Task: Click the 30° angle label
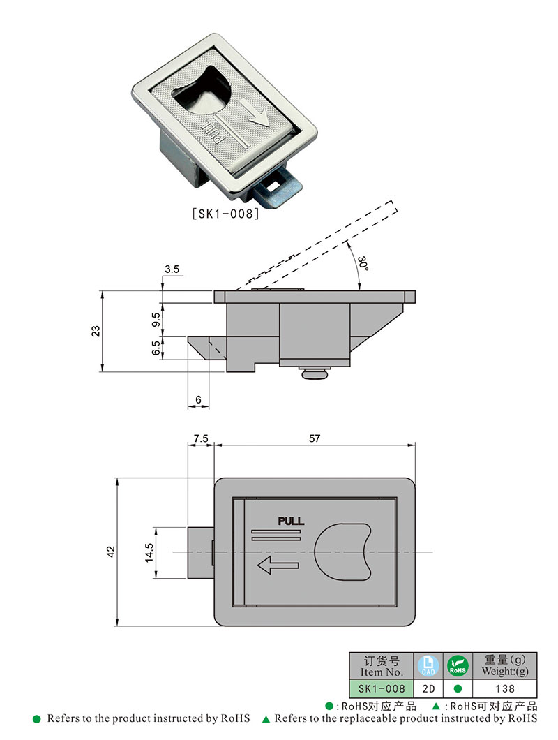coord(362,265)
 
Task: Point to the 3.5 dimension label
coord(172,269)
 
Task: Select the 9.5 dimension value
coord(156,319)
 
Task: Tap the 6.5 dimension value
coord(156,348)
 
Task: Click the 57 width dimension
coord(314,438)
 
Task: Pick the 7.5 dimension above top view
coord(200,438)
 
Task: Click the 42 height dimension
coord(110,552)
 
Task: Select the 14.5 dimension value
coord(149,552)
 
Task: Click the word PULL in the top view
coord(291,521)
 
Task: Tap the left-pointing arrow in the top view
coord(278,566)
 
